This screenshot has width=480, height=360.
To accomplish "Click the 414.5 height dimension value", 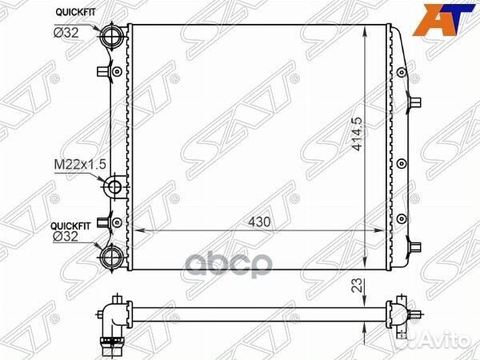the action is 357,134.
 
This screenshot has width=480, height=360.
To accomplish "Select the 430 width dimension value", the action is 259,222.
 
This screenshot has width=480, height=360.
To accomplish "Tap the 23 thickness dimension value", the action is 357,285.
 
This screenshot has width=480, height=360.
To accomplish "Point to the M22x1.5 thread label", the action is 80,164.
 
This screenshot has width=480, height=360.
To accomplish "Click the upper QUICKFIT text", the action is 75,13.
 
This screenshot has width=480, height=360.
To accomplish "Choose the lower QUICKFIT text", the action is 70,226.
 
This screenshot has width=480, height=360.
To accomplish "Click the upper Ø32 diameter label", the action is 66,33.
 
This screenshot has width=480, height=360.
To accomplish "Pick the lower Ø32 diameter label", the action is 66,237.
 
